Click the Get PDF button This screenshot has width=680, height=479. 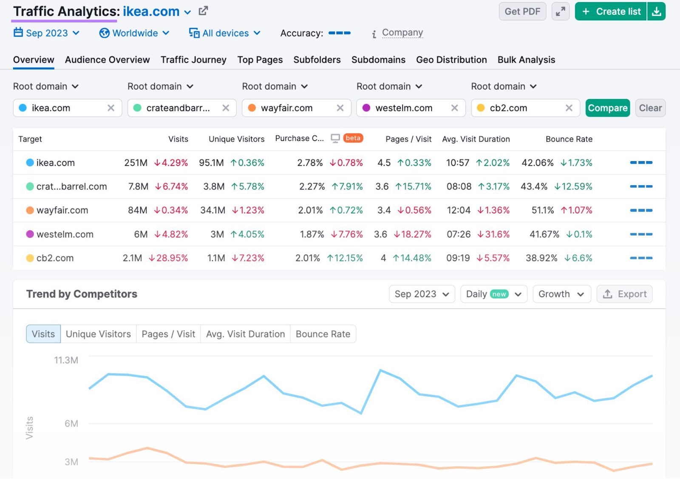click(x=522, y=11)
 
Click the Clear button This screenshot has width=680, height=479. click(x=650, y=108)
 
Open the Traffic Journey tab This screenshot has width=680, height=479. click(x=193, y=60)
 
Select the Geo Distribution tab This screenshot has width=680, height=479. click(x=451, y=60)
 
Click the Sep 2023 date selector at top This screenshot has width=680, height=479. click(x=47, y=33)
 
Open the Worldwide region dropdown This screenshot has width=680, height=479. click(x=135, y=33)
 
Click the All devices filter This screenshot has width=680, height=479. click(x=225, y=33)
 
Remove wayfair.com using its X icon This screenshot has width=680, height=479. click(x=340, y=108)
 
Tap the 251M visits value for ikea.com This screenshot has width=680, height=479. click(x=136, y=163)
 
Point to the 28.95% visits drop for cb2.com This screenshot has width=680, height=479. click(x=168, y=258)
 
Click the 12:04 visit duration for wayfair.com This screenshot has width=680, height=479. click(x=458, y=210)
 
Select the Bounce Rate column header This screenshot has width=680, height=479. click(x=569, y=139)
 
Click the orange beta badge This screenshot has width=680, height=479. click(x=353, y=138)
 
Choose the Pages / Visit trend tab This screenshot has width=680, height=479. click(x=168, y=334)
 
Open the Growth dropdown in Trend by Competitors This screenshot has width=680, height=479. click(x=561, y=294)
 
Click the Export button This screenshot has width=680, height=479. click(x=624, y=294)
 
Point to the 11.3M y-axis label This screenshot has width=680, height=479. click(x=66, y=360)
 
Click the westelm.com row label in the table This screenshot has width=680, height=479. click(x=65, y=234)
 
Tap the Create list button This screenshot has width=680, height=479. click(x=611, y=11)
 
